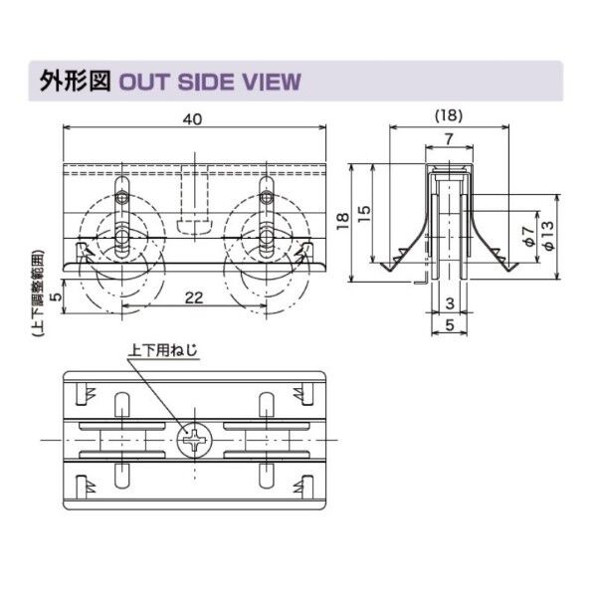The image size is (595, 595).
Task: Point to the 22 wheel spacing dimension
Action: (195, 296)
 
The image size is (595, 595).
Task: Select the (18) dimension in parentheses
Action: (449, 115)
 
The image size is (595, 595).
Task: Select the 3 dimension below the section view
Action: (449, 302)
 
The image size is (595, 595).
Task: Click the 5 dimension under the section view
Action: (449, 324)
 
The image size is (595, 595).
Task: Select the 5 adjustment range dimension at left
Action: (57, 295)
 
